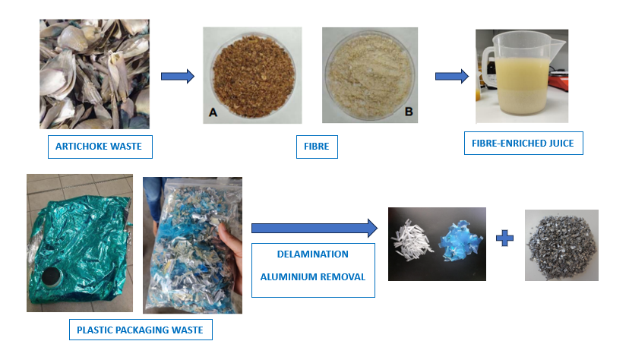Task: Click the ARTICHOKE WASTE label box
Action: click(x=100, y=146)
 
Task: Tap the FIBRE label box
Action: click(x=316, y=146)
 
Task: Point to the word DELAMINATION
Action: click(x=313, y=254)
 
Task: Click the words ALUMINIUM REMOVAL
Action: click(x=313, y=276)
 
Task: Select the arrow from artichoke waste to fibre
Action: click(x=178, y=76)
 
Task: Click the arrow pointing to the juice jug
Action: click(x=451, y=76)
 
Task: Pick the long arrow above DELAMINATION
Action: click(x=314, y=227)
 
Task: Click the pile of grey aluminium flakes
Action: click(x=561, y=245)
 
